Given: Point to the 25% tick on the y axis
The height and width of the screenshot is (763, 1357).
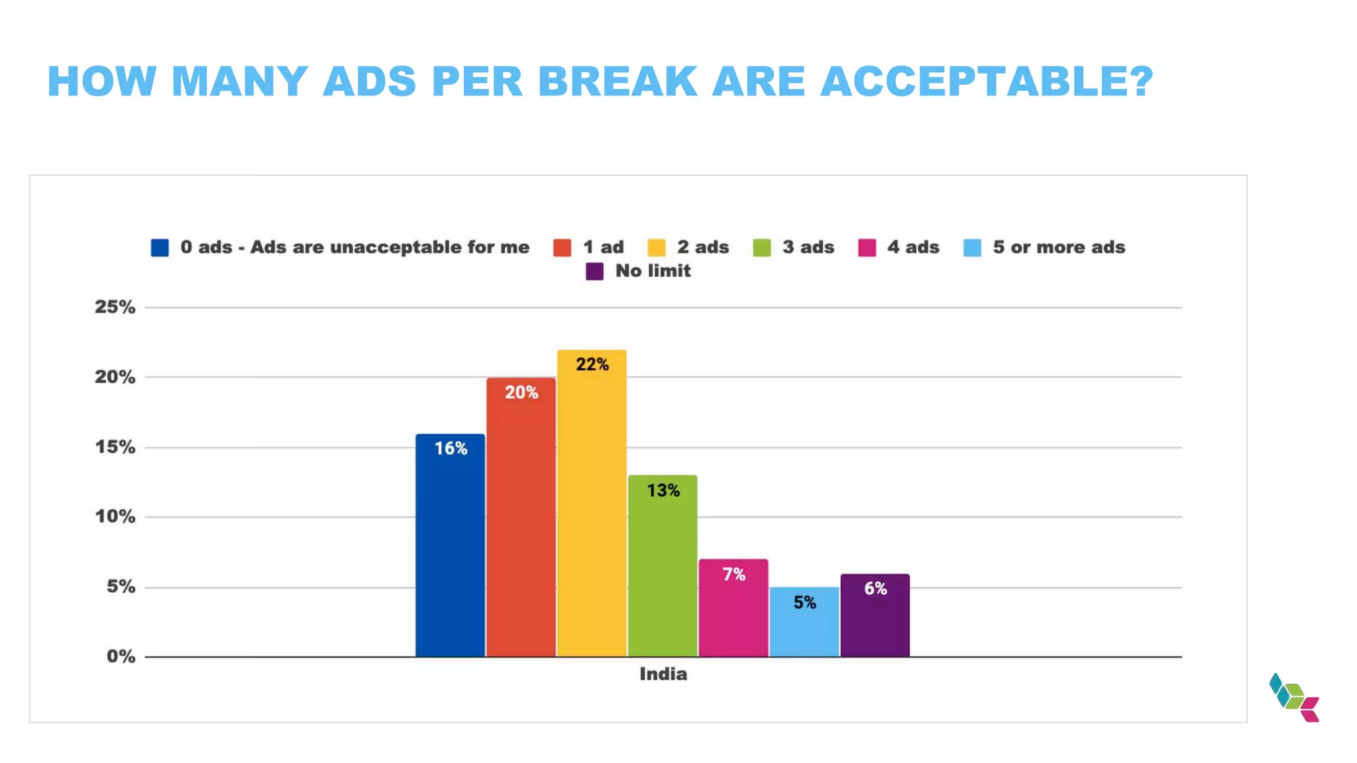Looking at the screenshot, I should coord(115,307).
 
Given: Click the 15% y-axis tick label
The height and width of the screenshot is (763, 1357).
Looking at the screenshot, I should coord(115,447).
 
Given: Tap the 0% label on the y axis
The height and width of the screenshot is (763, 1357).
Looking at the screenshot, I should coord(121,656).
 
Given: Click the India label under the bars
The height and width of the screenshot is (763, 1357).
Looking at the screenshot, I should coord(663,674).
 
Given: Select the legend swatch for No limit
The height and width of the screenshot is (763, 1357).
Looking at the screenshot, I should coord(594,272).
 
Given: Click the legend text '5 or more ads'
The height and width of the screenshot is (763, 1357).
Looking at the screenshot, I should coord(1058,247).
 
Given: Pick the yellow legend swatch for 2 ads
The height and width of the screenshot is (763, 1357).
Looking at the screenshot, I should coord(657,248).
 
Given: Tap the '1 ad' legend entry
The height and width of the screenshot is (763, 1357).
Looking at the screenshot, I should coord(603,247).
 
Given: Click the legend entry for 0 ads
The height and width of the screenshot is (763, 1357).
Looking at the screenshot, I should coord(354,247).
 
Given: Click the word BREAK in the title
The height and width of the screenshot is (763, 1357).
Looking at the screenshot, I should coord(617,81).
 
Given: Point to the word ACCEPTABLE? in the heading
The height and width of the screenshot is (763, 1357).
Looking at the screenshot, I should coord(987,81).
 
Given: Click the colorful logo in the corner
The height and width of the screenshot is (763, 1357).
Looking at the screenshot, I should coord(1294,697).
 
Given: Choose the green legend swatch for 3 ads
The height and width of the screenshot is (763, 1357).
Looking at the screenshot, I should coord(762,248).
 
